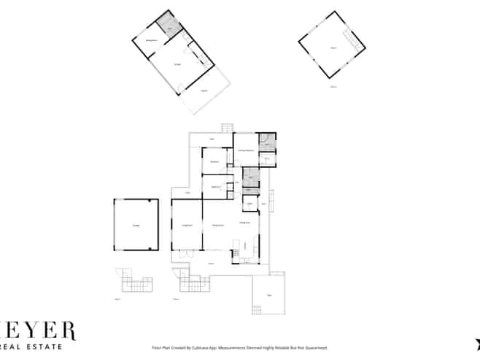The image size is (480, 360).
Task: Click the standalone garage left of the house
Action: [x=136, y=225]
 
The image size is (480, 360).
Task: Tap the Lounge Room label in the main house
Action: [x=186, y=226]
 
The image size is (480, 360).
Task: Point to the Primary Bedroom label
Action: [x=246, y=150]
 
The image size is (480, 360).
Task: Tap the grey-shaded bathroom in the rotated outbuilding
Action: [x=169, y=29]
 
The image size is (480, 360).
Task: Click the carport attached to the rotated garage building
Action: [x=204, y=91]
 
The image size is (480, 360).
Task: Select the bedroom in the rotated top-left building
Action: [x=152, y=41]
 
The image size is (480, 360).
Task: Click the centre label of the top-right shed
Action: [x=333, y=47]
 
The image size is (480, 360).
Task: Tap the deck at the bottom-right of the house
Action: [x=268, y=295]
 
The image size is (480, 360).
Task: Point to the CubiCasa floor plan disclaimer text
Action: [x=239, y=348]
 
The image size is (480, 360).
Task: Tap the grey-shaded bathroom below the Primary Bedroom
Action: [x=249, y=175]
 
